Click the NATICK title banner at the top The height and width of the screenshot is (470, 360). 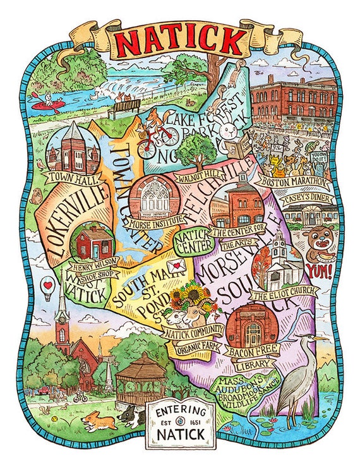pos(180,41)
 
